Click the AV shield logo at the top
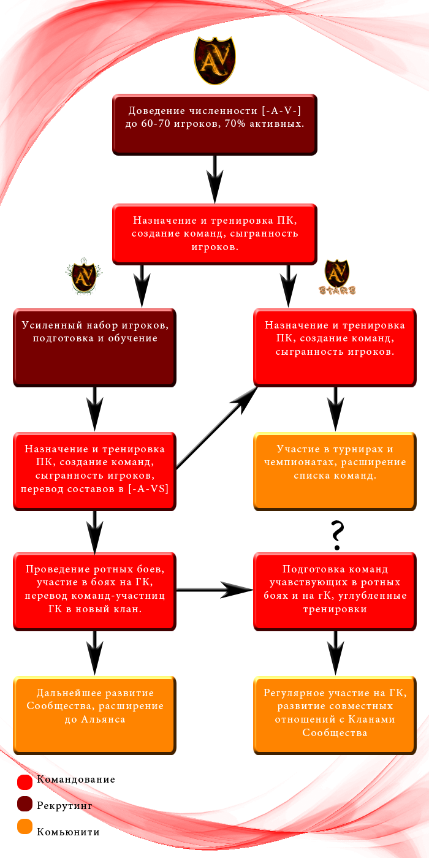tap(214, 61)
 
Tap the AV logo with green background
tap(84, 276)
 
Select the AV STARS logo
tap(337, 277)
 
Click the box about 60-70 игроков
tap(214, 124)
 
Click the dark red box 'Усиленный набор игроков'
tap(94, 347)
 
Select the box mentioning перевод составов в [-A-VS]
tap(94, 471)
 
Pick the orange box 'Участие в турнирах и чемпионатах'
tap(335, 471)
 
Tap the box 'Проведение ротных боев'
tap(94, 591)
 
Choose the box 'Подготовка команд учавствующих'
tap(335, 591)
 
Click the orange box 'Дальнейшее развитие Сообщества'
tap(94, 715)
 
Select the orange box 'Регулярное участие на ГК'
tap(335, 715)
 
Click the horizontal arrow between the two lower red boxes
tap(214, 590)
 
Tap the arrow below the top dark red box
tap(214, 179)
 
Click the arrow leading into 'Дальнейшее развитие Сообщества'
tap(94, 653)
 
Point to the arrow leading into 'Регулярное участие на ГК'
tap(335, 653)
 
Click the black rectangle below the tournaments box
tap(337, 536)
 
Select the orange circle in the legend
tap(25, 826)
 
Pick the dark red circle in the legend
tap(25, 804)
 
